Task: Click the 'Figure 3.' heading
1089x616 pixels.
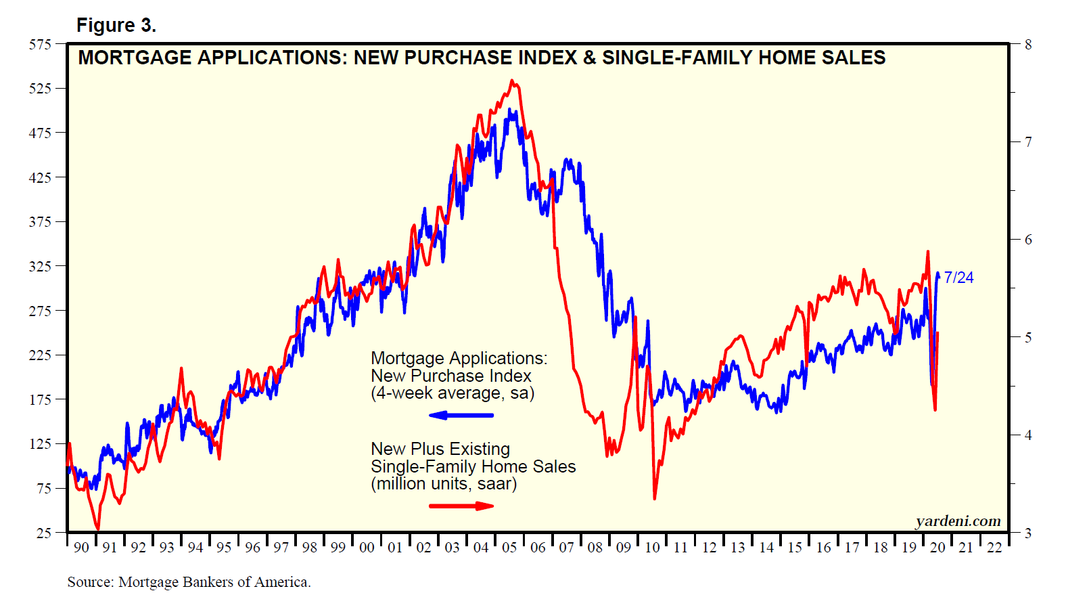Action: pyautogui.click(x=116, y=26)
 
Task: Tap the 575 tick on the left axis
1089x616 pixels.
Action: pyautogui.click(x=40, y=45)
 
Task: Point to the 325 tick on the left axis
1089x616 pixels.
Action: pyautogui.click(x=40, y=267)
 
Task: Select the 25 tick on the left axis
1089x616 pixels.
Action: pyautogui.click(x=44, y=533)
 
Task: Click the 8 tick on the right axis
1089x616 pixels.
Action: pyautogui.click(x=1028, y=45)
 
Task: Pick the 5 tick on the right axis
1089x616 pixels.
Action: pyautogui.click(x=1028, y=338)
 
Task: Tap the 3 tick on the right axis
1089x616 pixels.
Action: pyautogui.click(x=1028, y=533)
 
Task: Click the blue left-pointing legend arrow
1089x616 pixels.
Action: pyautogui.click(x=461, y=415)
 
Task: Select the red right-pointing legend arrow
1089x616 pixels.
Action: pyautogui.click(x=462, y=506)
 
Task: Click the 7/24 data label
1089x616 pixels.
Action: pyautogui.click(x=958, y=278)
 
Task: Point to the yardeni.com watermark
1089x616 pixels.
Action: pyautogui.click(x=958, y=521)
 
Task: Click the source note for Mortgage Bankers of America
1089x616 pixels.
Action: pyautogui.click(x=189, y=582)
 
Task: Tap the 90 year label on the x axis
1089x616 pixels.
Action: pyautogui.click(x=81, y=547)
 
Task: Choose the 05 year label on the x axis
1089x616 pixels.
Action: pyautogui.click(x=509, y=547)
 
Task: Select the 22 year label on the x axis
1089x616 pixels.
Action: pyautogui.click(x=994, y=547)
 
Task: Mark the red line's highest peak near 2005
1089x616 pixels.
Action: pyautogui.click(x=512, y=81)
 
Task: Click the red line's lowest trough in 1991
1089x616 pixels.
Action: pyautogui.click(x=98, y=529)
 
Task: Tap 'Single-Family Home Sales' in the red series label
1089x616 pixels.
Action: pyautogui.click(x=473, y=466)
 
